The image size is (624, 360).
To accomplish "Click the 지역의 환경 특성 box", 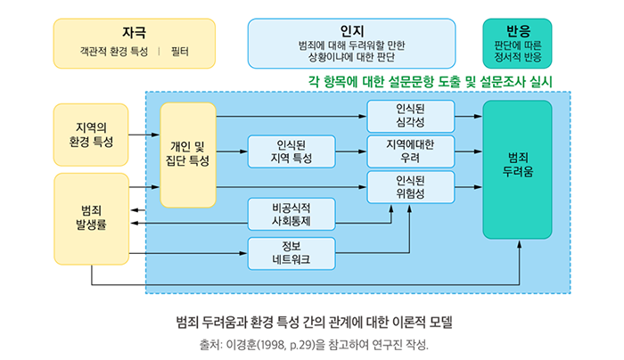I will coord(91,134).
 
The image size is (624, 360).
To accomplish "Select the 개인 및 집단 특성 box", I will coord(188,153).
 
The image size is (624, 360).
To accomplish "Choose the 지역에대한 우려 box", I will coord(410,151).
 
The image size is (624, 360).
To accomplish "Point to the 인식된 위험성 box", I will coord(410,187).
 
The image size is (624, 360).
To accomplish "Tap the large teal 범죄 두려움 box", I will coord(517,169).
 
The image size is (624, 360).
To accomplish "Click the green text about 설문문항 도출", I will coord(431,80).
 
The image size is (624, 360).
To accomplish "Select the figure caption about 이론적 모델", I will coord(311,320).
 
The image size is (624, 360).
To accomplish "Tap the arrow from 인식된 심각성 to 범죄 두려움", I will coord(467,117).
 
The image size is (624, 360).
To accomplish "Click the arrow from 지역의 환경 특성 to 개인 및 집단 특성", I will coord(144,135).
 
